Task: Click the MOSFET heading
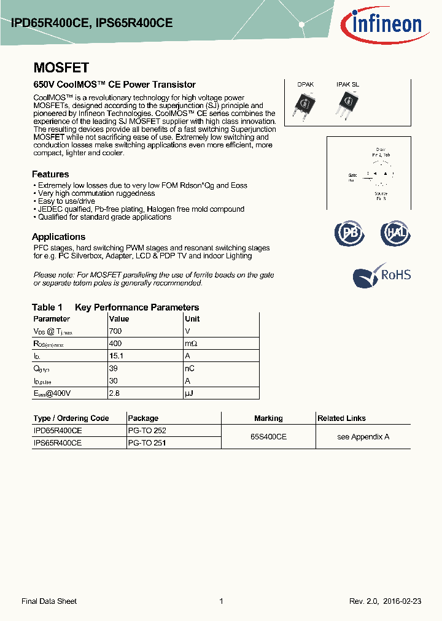pos(61,68)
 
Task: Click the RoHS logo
pos(381,276)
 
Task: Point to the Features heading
pos(50,174)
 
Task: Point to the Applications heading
pos(58,237)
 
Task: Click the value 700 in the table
pos(115,331)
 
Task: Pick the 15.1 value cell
pos(116,356)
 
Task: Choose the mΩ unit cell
pos(191,344)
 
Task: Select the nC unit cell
pos(190,368)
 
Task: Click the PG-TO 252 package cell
pos(147,431)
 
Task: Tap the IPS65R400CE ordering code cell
pos(57,442)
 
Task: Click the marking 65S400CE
pos(268,437)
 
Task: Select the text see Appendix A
pos(363,437)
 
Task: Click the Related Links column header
pos(341,418)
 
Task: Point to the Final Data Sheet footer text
pos(49,601)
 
